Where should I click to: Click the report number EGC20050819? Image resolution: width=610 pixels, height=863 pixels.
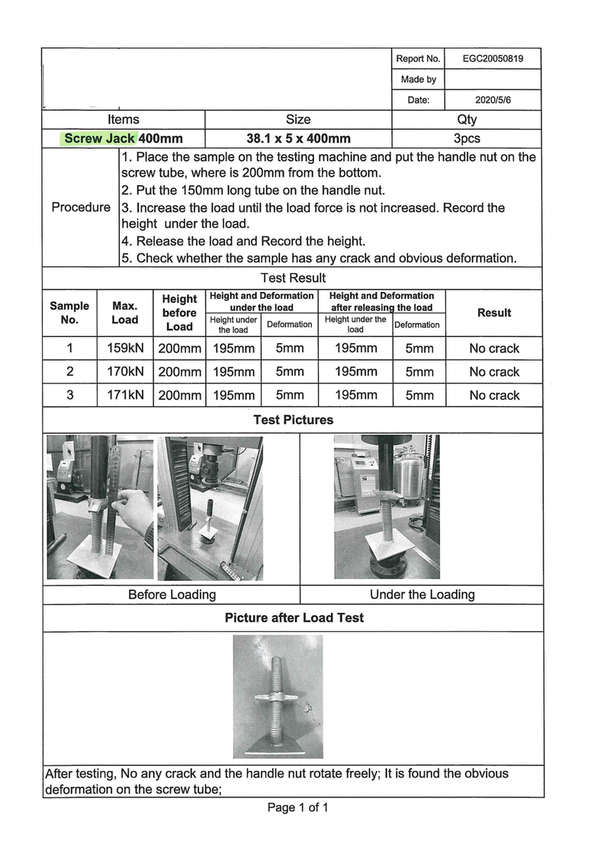click(x=493, y=59)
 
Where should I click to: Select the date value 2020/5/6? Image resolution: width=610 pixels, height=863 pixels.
click(x=493, y=100)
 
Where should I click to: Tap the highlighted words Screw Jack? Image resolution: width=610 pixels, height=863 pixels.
click(x=100, y=138)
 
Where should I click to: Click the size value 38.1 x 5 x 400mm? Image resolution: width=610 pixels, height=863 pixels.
click(x=298, y=138)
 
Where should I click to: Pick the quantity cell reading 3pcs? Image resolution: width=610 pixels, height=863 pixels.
click(x=467, y=138)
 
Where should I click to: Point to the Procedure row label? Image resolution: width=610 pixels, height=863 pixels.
click(x=81, y=207)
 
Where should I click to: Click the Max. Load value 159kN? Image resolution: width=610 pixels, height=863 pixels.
click(x=125, y=348)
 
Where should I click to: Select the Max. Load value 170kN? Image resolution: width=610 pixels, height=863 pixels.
click(x=125, y=371)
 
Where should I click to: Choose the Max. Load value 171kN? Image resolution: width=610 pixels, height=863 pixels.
click(x=125, y=395)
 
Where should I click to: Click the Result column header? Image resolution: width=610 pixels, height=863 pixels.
click(x=494, y=313)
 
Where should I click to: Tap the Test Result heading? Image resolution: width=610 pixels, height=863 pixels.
click(x=294, y=278)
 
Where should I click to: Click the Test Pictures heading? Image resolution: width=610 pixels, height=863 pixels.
click(x=294, y=420)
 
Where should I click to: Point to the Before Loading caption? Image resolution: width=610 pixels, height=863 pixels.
click(x=172, y=595)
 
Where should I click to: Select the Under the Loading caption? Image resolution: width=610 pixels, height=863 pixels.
click(x=422, y=595)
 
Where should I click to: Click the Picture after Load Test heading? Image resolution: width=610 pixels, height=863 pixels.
click(x=294, y=618)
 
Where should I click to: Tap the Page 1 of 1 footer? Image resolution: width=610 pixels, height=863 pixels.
click(x=298, y=807)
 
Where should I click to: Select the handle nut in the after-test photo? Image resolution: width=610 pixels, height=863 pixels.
click(x=277, y=698)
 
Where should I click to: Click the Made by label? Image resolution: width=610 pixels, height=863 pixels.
click(x=419, y=79)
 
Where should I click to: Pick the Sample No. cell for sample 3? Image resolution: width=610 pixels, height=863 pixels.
click(x=70, y=395)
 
